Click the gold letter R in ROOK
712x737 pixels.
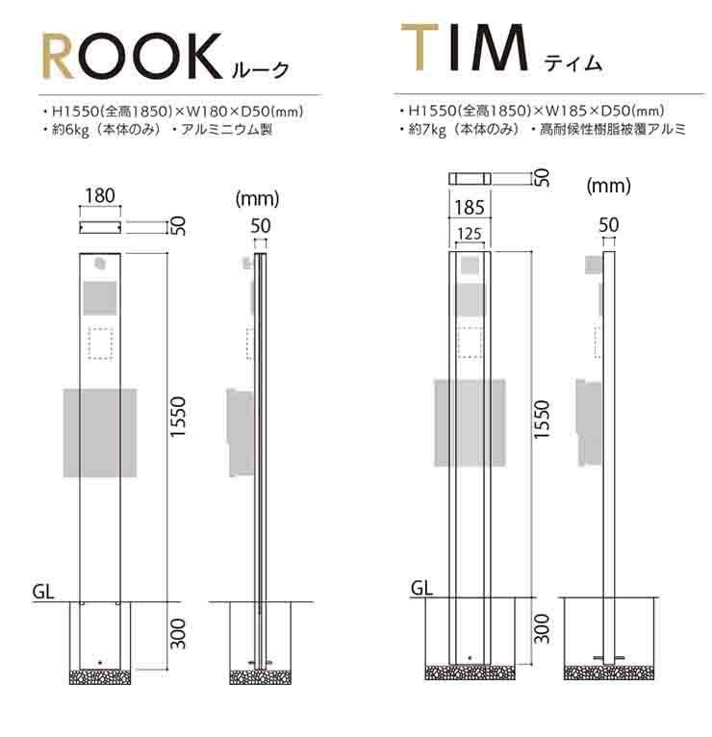[64, 58]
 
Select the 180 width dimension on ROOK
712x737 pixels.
[99, 197]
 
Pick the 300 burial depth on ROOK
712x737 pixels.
[178, 632]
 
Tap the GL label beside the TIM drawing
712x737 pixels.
[420, 586]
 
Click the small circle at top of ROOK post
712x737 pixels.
[100, 264]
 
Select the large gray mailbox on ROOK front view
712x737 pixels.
[99, 432]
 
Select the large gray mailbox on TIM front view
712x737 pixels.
[470, 423]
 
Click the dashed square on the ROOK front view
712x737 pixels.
[100, 343]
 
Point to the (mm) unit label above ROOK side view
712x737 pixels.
[257, 200]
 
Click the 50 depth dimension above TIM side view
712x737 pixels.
[608, 224]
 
